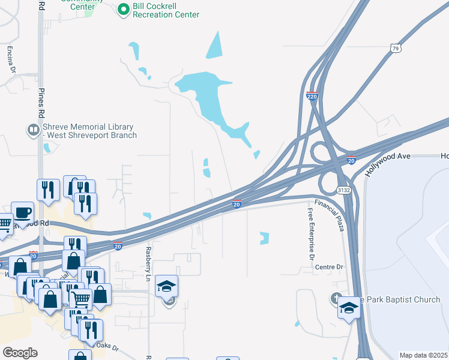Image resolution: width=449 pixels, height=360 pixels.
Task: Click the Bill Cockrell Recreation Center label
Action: click(x=166, y=10)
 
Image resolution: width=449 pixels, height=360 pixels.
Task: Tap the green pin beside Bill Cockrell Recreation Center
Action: click(x=124, y=9)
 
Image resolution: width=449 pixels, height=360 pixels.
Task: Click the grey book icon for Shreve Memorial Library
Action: click(x=33, y=129)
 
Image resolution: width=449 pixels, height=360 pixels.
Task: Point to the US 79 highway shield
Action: click(x=395, y=48)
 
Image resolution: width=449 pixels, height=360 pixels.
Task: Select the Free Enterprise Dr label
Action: click(x=311, y=235)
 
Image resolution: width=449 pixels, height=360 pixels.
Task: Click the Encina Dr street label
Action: click(x=11, y=59)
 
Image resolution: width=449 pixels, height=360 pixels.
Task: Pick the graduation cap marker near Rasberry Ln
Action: click(x=167, y=286)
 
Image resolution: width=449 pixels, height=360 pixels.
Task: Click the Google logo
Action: click(x=20, y=353)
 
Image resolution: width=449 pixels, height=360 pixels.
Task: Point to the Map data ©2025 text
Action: click(x=423, y=355)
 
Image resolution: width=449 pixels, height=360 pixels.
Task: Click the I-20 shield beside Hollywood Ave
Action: click(x=352, y=161)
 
